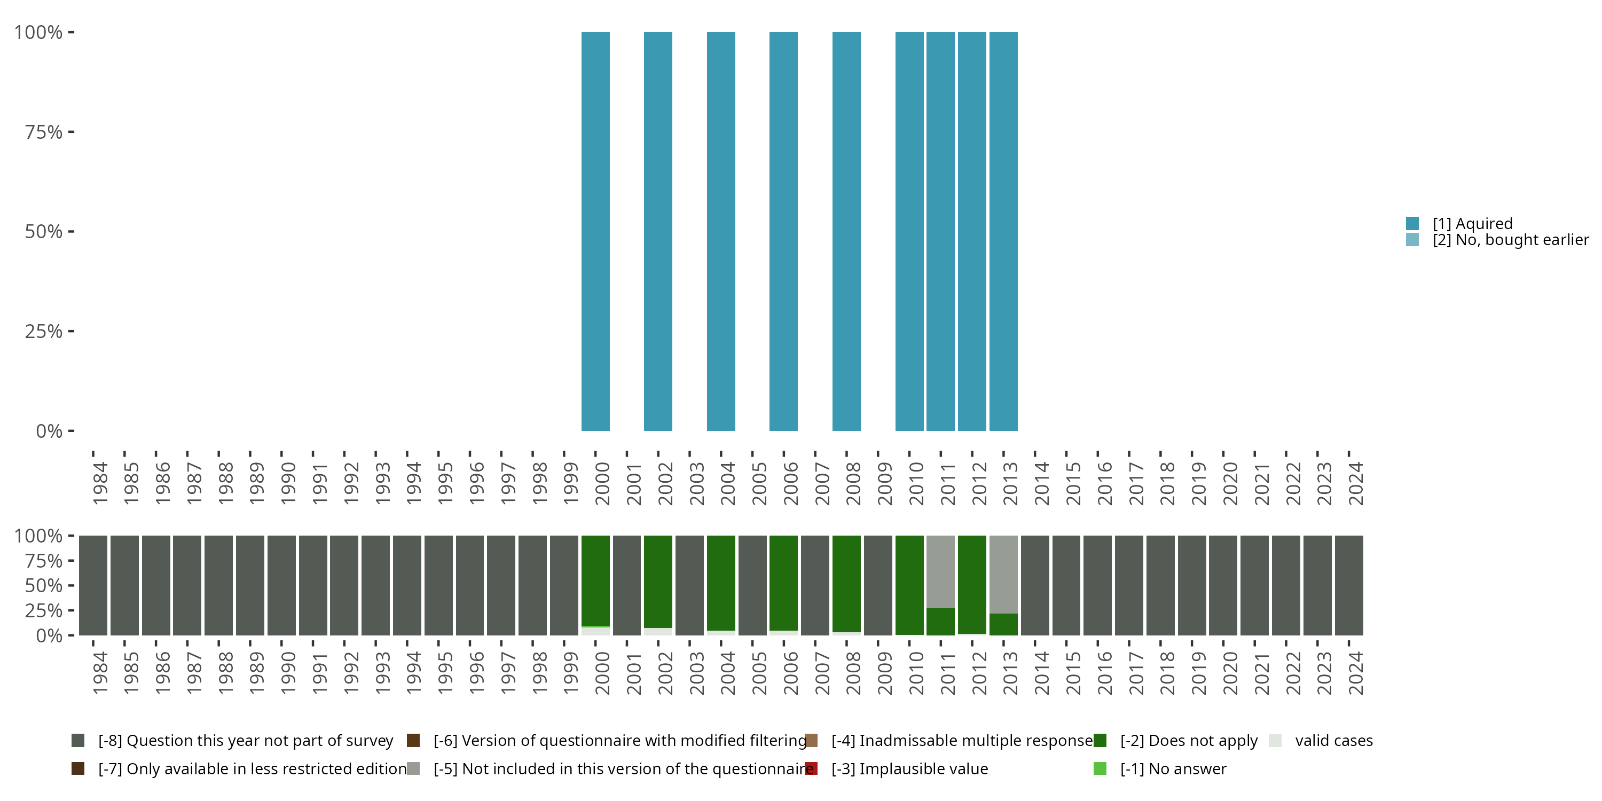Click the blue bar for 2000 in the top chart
[595, 231]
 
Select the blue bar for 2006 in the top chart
[783, 231]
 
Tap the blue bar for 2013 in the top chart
[1003, 231]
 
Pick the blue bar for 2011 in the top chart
[940, 231]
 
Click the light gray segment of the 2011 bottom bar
[940, 571]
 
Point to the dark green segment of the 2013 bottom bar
[1003, 624]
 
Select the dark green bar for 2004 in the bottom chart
[721, 583]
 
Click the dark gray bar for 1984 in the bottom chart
[93, 585]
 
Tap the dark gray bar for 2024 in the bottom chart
[1349, 585]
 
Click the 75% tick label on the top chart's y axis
[44, 132]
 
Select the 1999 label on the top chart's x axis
[570, 483]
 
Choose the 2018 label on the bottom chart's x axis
[1167, 673]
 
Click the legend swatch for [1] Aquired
[1412, 223]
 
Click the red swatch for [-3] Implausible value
[811, 768]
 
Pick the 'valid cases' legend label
[1333, 741]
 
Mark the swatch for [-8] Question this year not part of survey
[78, 741]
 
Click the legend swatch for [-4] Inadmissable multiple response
[811, 741]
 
